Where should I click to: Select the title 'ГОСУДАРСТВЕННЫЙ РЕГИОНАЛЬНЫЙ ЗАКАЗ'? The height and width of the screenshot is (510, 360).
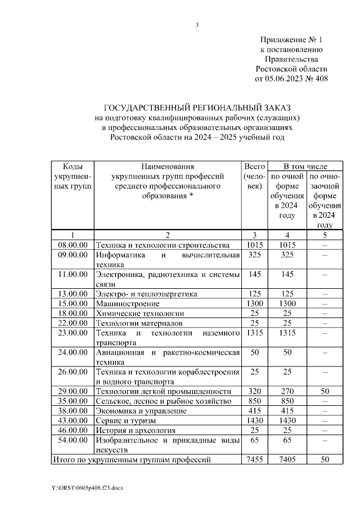tap(198, 108)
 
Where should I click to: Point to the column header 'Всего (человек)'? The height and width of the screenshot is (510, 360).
tap(254, 176)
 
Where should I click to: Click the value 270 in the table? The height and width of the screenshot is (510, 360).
tap(287, 391)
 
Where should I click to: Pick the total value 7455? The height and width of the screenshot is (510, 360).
tap(254, 460)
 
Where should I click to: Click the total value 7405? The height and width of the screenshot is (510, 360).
tap(287, 460)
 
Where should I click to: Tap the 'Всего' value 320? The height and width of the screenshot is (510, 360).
tap(254, 391)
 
